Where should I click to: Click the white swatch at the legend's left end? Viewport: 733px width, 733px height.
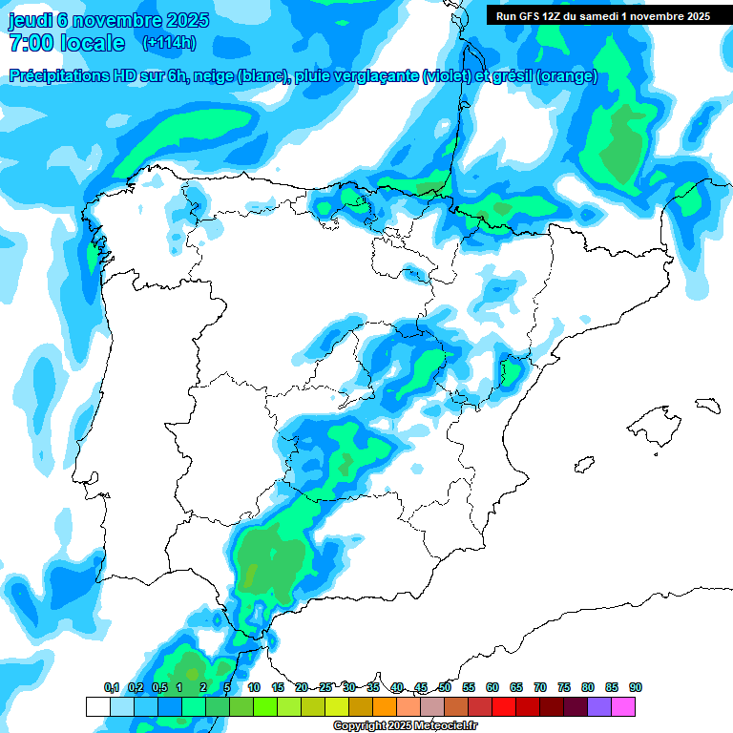point(97,706)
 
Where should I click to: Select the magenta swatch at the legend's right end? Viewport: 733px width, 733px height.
point(623,706)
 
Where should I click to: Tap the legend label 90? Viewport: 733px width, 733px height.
point(636,687)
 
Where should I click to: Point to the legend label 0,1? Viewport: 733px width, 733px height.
point(112,687)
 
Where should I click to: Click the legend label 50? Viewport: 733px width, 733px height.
point(445,687)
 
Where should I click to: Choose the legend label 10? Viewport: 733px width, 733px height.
point(254,687)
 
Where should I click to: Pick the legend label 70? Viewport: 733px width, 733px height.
point(540,687)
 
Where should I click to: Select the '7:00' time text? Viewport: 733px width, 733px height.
point(28,43)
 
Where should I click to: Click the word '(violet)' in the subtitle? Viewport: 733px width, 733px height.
point(446,76)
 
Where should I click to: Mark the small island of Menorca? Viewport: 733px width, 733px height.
point(706,404)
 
